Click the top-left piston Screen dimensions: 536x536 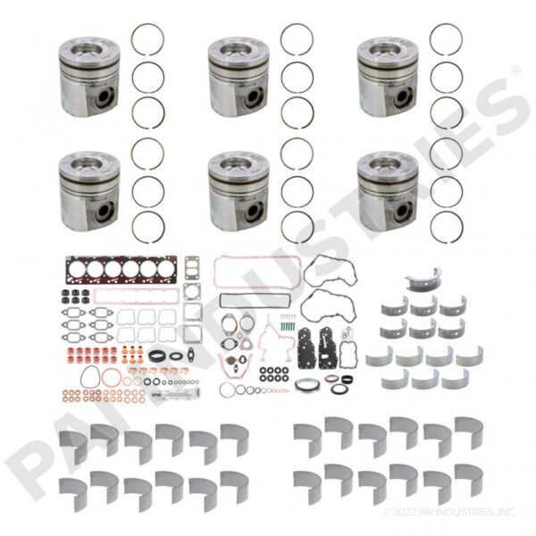pyautogui.click(x=89, y=76)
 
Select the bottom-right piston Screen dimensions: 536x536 pyautogui.click(x=388, y=191)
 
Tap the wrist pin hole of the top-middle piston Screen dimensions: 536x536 pyautogui.click(x=254, y=97)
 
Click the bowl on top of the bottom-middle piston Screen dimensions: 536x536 pyautogui.click(x=239, y=164)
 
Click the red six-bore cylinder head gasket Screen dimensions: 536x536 pyautogui.click(x=121, y=270)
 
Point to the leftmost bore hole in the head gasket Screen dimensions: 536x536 pyautogui.click(x=76, y=270)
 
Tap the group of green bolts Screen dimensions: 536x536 pyautogui.click(x=287, y=322)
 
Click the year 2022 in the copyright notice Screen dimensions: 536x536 pyautogui.click(x=405, y=512)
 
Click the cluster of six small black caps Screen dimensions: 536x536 pyautogui.click(x=75, y=297)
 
